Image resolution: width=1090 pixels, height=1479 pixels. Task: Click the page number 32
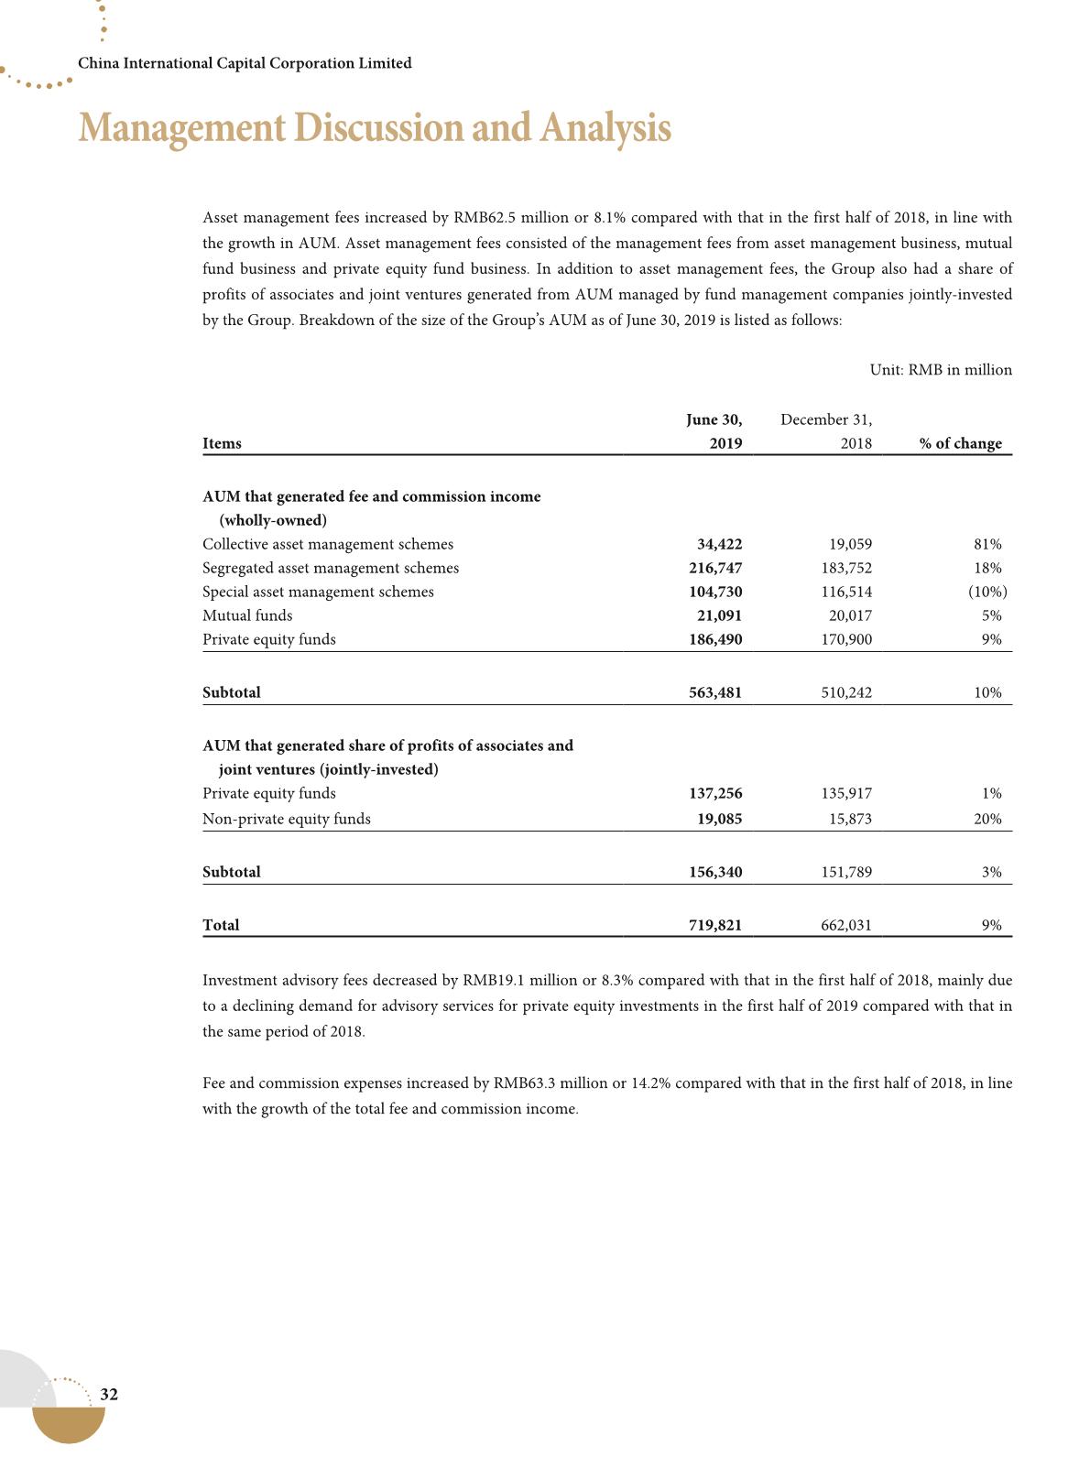click(x=109, y=1395)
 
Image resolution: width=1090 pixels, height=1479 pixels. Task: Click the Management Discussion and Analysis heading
click(x=375, y=128)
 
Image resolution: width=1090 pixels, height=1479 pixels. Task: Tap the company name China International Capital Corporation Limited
click(x=245, y=63)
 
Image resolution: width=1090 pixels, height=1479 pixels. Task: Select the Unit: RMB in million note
click(x=940, y=370)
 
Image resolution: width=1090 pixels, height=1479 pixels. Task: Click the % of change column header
click(x=961, y=443)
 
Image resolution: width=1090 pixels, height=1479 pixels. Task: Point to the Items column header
click(x=222, y=443)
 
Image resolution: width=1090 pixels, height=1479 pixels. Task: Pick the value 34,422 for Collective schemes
click(x=719, y=544)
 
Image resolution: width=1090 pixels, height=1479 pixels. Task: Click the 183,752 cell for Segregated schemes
click(x=846, y=568)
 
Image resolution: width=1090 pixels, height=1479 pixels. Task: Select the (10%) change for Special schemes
click(x=987, y=592)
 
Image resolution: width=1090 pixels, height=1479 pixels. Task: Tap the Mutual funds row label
click(x=247, y=615)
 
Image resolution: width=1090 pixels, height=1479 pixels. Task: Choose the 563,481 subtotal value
click(x=714, y=692)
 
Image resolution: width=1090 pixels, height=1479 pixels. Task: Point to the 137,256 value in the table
click(x=714, y=793)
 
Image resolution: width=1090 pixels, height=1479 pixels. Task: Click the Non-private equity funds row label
click(x=286, y=819)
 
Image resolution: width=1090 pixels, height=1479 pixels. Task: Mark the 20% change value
click(x=987, y=819)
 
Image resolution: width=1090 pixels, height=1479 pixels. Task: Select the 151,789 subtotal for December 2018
click(x=846, y=872)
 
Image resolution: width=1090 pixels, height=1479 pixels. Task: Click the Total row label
click(x=221, y=925)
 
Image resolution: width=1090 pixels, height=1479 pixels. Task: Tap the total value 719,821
click(x=714, y=925)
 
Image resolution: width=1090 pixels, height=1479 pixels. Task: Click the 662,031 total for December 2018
click(x=846, y=925)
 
